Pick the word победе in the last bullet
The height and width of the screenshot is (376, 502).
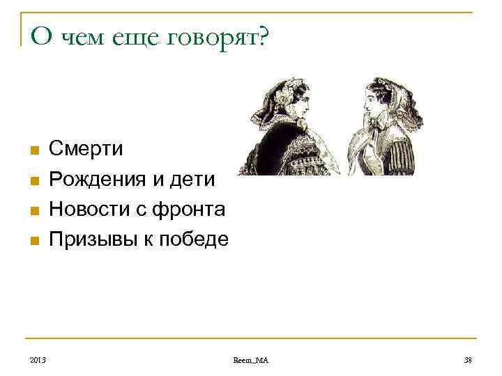pos(195,240)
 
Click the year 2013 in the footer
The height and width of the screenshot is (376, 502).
pos(38,359)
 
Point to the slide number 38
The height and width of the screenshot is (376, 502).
pos(467,359)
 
